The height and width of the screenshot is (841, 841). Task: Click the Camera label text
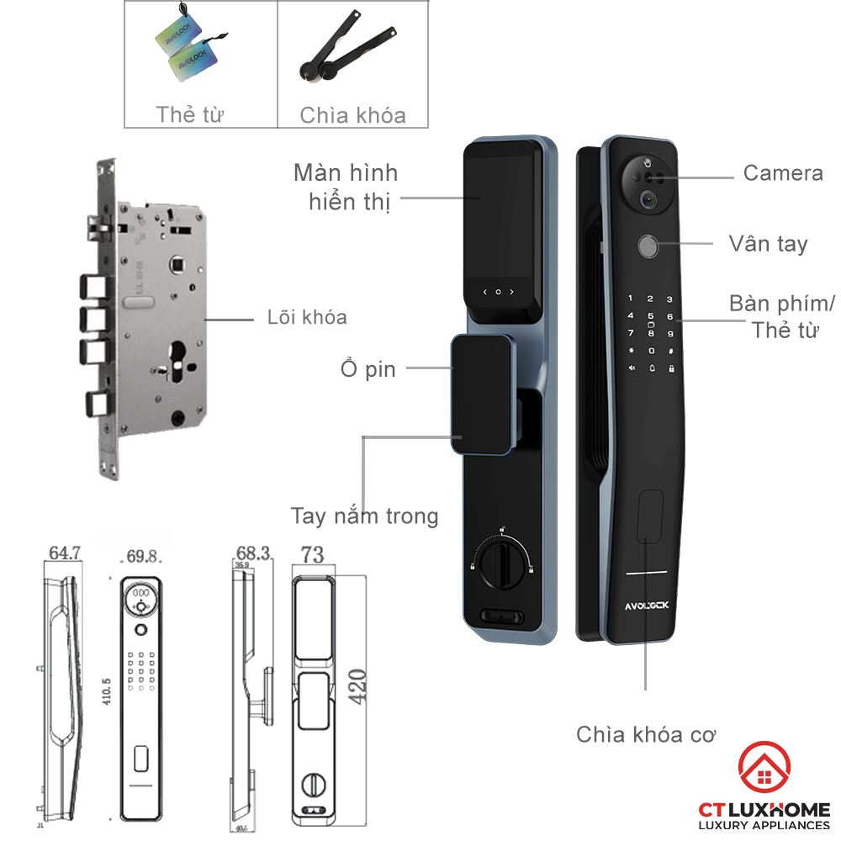coord(782,174)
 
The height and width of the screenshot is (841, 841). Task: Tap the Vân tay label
coord(767,245)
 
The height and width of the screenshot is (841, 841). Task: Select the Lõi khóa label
coord(306,318)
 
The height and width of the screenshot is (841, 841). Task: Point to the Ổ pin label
coord(368,368)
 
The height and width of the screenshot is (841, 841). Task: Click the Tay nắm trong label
coord(364,516)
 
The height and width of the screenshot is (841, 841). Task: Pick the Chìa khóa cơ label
coord(646,734)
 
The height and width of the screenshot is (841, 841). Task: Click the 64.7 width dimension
coord(65,553)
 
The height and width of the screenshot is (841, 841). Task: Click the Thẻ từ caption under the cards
coord(189,114)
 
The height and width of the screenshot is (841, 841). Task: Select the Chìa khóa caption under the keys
coord(352,115)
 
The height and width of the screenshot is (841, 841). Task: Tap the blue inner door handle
coord(483,394)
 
